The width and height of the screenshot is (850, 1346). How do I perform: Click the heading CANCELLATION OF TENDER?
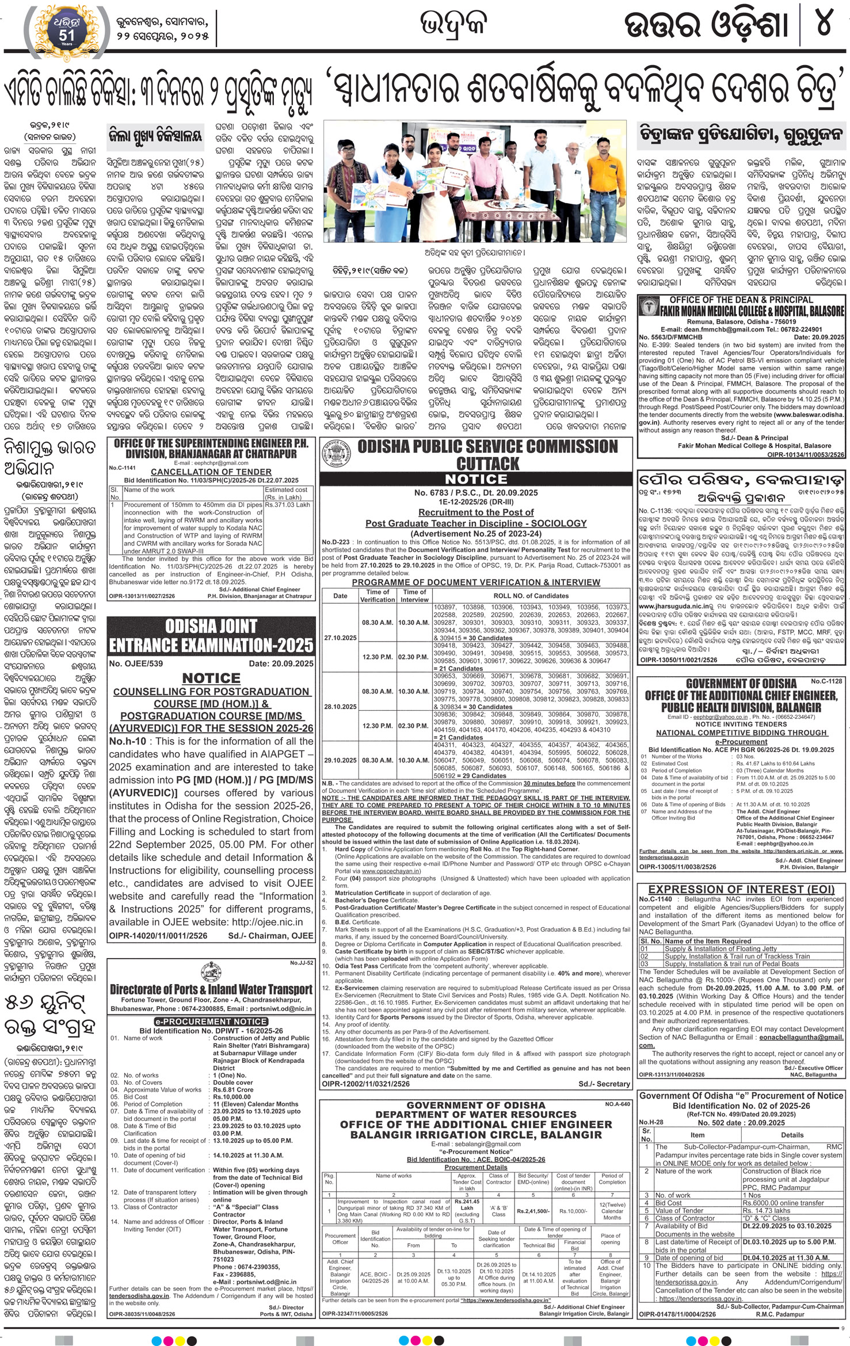212,471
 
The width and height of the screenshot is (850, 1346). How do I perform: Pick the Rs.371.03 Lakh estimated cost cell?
287,505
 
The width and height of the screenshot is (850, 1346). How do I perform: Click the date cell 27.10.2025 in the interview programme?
340,638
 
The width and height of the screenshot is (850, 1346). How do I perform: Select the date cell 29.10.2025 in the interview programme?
340,760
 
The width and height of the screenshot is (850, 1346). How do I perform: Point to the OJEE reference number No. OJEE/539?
136,663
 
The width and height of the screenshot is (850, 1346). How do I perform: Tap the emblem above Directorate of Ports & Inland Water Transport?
211,971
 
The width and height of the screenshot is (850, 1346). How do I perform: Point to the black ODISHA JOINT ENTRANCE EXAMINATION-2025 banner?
211,636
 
